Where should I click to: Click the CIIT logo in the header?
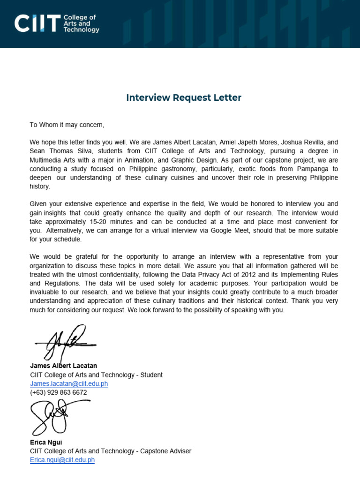(x=56, y=23)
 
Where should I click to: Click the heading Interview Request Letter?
(x=184, y=97)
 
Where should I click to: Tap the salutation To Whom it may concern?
(x=67, y=125)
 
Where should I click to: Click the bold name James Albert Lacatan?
(x=63, y=366)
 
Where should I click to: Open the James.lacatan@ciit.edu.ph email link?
(x=69, y=383)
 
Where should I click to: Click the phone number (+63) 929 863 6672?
(x=58, y=392)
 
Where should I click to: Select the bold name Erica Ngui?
(x=46, y=442)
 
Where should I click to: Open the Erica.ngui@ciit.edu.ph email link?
(x=62, y=460)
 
